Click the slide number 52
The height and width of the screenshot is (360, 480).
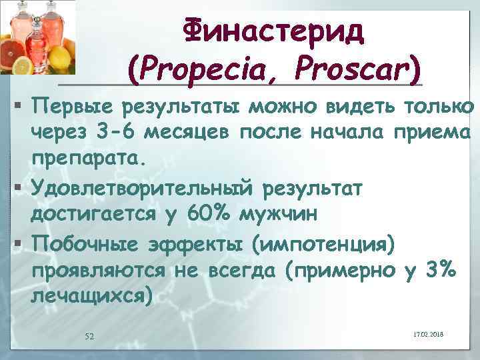(89, 336)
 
